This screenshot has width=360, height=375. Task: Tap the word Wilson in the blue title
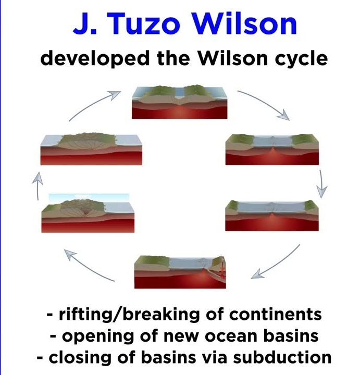click(245, 23)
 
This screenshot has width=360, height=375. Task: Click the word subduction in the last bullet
click(282, 357)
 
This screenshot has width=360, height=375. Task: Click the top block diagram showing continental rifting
click(179, 102)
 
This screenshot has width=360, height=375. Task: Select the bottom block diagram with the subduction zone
click(180, 272)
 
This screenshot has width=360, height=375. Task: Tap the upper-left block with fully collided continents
click(91, 149)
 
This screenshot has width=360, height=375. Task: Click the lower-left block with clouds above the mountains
click(88, 213)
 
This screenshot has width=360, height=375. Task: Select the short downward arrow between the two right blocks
click(321, 184)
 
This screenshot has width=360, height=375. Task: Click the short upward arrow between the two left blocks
click(38, 185)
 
